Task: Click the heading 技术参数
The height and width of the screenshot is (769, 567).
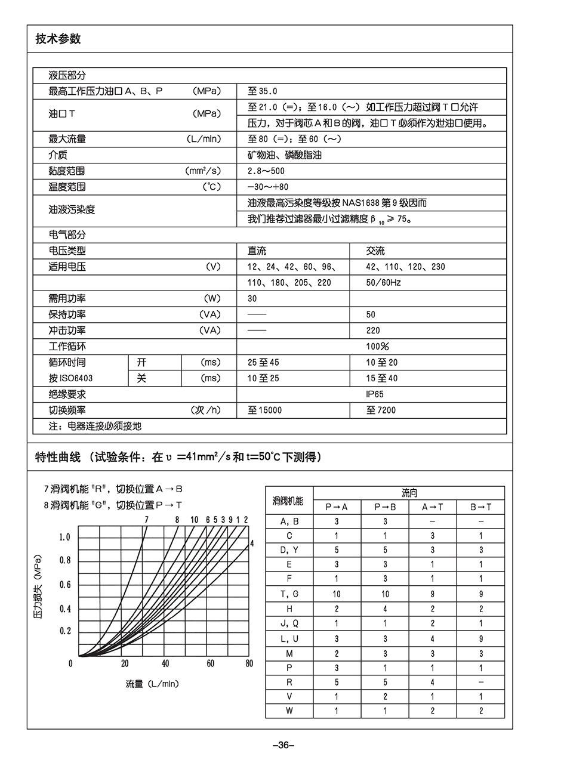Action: pyautogui.click(x=58, y=39)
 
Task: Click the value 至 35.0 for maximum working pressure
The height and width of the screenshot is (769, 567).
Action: pyautogui.click(x=263, y=91)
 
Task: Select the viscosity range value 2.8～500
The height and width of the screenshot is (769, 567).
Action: pyautogui.click(x=266, y=171)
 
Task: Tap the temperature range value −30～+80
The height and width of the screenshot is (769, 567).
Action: pyautogui.click(x=268, y=187)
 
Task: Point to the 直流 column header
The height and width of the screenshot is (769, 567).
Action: pyautogui.click(x=257, y=251)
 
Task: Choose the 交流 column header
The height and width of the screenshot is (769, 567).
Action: pyautogui.click(x=375, y=251)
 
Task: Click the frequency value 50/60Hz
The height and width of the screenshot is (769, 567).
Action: pyautogui.click(x=383, y=283)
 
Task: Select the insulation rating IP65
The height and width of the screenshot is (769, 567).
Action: pyautogui.click(x=375, y=394)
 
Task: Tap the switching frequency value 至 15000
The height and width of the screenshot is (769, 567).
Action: pyautogui.click(x=265, y=410)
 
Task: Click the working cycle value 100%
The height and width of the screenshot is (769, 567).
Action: pyautogui.click(x=377, y=347)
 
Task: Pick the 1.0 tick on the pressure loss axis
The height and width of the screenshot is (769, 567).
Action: pyautogui.click(x=65, y=538)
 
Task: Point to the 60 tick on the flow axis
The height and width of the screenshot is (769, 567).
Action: pyautogui.click(x=211, y=663)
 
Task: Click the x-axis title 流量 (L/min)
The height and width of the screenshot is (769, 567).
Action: pyautogui.click(x=152, y=684)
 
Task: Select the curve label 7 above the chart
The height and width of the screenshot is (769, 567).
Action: pyautogui.click(x=146, y=520)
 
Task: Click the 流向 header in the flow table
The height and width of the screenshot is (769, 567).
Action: pyautogui.click(x=409, y=493)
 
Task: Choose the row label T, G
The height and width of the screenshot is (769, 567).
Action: pyautogui.click(x=289, y=594)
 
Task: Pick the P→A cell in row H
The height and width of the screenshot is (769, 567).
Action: pyautogui.click(x=337, y=609)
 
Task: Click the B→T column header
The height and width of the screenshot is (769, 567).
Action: pyautogui.click(x=480, y=507)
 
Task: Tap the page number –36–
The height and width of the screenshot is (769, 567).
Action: pyautogui.click(x=283, y=745)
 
